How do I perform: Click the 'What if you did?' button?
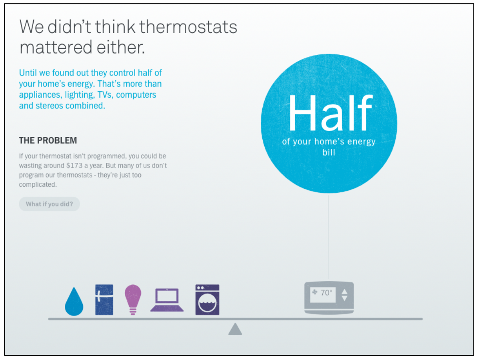[x=50, y=204]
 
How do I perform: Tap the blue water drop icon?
[x=74, y=302]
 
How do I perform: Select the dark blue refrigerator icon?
[x=104, y=300]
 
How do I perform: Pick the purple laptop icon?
[x=167, y=300]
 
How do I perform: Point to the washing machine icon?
[x=208, y=300]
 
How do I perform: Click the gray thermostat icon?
[x=329, y=297]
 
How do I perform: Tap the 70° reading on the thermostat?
[x=326, y=293]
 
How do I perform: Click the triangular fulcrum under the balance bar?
[x=235, y=329]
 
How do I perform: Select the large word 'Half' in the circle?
[x=330, y=113]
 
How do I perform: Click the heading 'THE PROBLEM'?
[x=48, y=140]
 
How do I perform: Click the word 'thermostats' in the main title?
[x=188, y=26]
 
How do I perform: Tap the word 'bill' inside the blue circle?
[x=329, y=152]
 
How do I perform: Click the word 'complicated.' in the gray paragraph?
[x=38, y=184]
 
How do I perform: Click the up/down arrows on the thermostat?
[x=344, y=295]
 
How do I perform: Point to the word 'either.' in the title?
[x=121, y=47]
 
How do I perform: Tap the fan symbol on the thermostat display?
[x=315, y=292]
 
